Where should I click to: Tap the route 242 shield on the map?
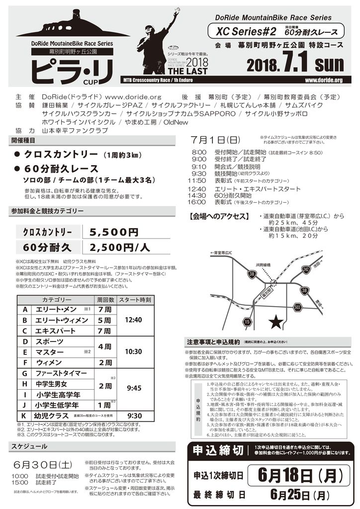click(320, 269)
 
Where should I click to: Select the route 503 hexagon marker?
click(297, 308)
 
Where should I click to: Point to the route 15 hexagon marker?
click(247, 322)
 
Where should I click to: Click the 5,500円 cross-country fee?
click(114, 232)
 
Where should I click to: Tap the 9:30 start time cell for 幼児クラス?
click(135, 415)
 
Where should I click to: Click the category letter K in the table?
click(24, 415)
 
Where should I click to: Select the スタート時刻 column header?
click(135, 300)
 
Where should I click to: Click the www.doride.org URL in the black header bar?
click(324, 81)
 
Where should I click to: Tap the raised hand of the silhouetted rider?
click(177, 11)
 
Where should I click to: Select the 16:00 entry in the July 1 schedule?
click(198, 202)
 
